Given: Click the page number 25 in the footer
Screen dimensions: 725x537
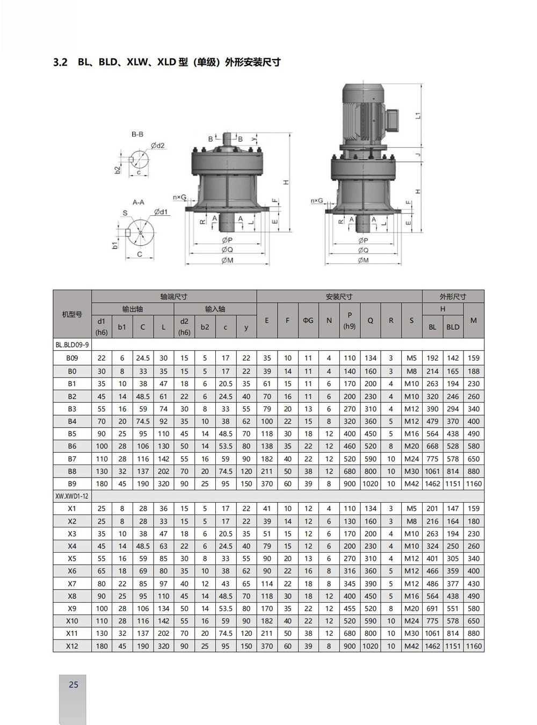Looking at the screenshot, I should coord(74,685).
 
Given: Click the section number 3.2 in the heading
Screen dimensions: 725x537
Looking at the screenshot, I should coord(60,62).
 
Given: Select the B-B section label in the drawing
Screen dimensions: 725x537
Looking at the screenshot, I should coord(137,134).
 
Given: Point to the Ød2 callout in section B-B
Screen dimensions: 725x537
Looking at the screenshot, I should coord(157,146).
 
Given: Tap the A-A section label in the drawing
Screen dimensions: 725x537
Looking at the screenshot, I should coord(138,202).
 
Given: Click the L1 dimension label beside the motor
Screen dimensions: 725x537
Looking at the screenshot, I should coord(418,115).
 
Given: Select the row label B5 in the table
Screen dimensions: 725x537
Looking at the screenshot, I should coord(72,434).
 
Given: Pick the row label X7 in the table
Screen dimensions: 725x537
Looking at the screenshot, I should coord(72,584).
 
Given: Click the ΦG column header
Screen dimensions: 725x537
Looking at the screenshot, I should coord(308,321).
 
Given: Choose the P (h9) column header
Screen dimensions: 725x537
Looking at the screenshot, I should coord(350,321).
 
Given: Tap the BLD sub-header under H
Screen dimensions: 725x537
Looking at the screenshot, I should coord(453,327).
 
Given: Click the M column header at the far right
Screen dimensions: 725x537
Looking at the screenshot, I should coord(473,321).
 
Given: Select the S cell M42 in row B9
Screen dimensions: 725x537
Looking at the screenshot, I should coord(411,484).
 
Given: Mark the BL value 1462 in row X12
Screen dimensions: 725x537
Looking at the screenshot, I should coord(432,646).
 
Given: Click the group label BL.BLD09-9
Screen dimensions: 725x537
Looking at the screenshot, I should coord(72,345).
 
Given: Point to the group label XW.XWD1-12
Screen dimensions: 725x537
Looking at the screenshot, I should coord(72,496).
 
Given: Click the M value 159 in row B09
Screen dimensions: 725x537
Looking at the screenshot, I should coord(473,358).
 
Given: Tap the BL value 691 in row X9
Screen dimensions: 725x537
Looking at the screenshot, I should coord(432,608).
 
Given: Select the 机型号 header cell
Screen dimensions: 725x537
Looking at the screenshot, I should coord(72,314).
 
